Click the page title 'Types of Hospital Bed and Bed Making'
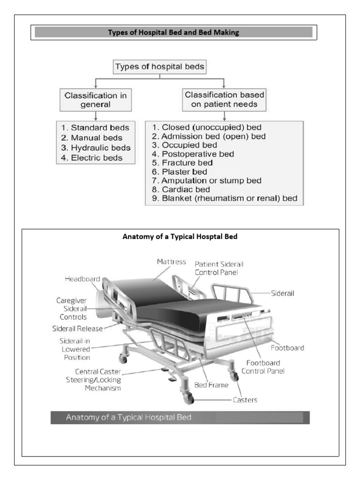174,33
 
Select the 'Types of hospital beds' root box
160,67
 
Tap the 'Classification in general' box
95,99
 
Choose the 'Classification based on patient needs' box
224,99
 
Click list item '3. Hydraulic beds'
96,148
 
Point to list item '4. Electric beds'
91,158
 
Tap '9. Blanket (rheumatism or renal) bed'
225,198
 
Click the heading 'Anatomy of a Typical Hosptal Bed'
180,237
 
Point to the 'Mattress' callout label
171,262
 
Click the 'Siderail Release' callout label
77,329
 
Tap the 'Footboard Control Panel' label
263,367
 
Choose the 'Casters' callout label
245,400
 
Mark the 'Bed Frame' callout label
211,385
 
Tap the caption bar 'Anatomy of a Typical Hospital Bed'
180,417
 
